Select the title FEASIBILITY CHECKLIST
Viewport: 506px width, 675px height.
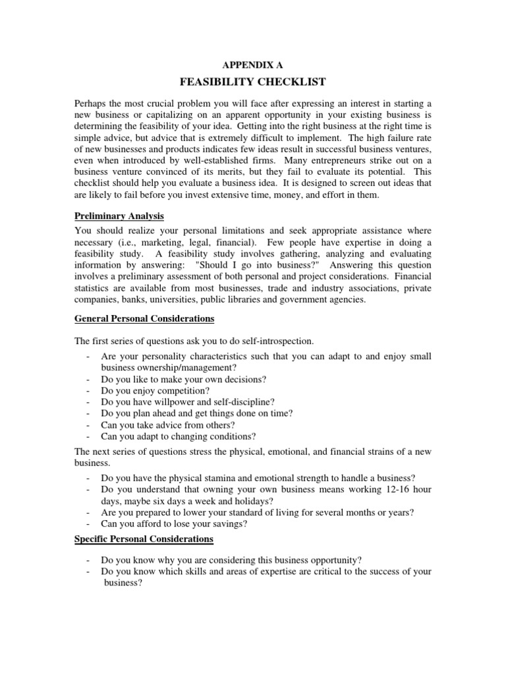(x=252, y=82)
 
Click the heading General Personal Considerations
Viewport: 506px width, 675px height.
(x=144, y=318)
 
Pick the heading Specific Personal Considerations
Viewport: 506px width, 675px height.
(x=144, y=539)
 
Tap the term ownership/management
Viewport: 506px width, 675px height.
(x=168, y=368)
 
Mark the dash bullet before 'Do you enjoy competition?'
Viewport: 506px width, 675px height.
(x=89, y=391)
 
